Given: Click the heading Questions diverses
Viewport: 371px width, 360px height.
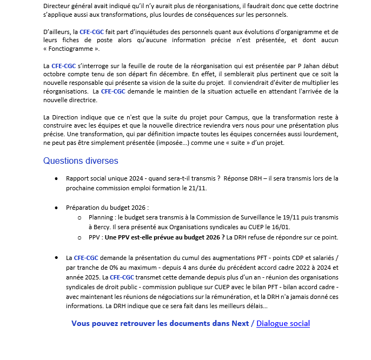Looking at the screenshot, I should [81, 161].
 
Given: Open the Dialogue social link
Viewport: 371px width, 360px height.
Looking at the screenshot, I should [283, 323].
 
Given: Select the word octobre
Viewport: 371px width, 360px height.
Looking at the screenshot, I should [56, 74].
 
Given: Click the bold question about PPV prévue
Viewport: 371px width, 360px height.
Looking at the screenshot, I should [165, 237].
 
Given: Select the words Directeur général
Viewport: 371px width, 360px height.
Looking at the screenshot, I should [68, 5].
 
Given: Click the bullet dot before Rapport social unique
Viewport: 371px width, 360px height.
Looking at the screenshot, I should [56, 178].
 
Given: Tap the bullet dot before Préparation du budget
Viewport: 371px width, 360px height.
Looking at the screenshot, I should [56, 208].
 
